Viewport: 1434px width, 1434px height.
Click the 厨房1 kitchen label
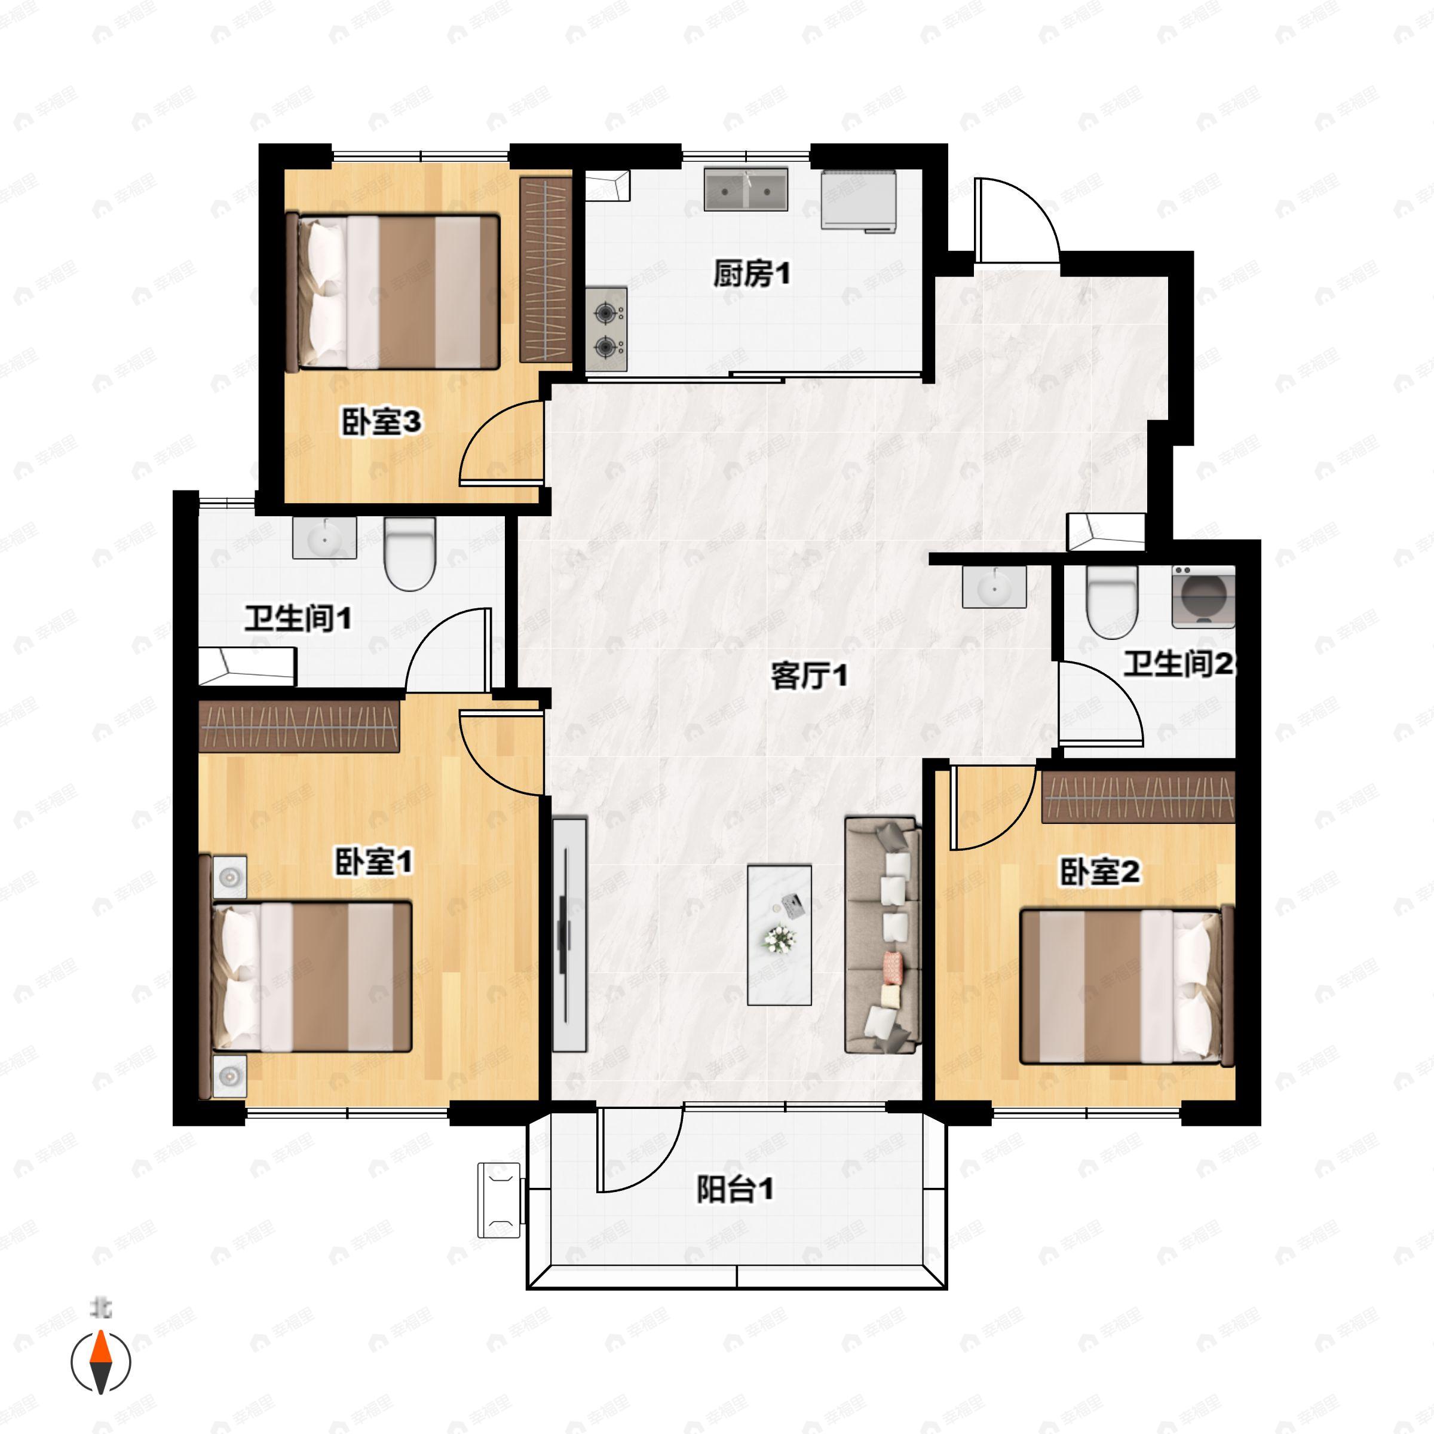tap(751, 274)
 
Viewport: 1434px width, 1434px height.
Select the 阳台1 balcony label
tap(735, 1189)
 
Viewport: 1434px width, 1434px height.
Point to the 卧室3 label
tap(381, 422)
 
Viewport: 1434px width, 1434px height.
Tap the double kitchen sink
tap(745, 190)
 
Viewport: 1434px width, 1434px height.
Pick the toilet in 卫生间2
tap(1111, 600)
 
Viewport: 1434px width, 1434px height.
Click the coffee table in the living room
tap(779, 934)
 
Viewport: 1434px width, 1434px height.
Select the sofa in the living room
tap(883, 935)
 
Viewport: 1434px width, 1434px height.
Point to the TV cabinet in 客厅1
tap(569, 934)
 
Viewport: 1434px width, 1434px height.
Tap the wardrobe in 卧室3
tap(545, 269)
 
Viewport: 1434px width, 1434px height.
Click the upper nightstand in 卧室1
tap(230, 877)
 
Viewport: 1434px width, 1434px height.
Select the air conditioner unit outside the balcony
tap(500, 1199)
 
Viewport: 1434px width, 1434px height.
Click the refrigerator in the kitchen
tap(859, 200)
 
